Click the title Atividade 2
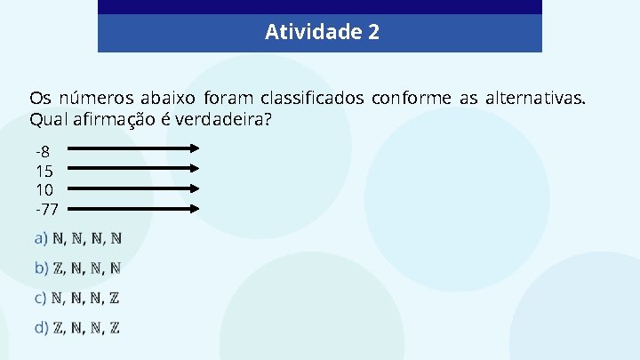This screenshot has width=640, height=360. click(322, 33)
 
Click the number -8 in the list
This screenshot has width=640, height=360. click(44, 150)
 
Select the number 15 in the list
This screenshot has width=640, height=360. click(44, 170)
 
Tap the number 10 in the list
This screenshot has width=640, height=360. click(44, 189)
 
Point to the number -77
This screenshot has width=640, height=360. click(46, 210)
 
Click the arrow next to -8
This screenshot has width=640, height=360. click(134, 148)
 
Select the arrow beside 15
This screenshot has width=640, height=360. click(134, 168)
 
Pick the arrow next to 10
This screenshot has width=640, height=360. click(134, 188)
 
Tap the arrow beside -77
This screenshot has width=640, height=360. click(134, 209)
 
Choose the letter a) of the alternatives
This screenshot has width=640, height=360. click(41, 238)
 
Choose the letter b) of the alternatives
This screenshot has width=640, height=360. click(41, 268)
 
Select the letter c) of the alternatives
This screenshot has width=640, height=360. click(41, 298)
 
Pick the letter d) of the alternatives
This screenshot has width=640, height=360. click(41, 328)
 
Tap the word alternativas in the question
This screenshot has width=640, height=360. click(535, 98)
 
